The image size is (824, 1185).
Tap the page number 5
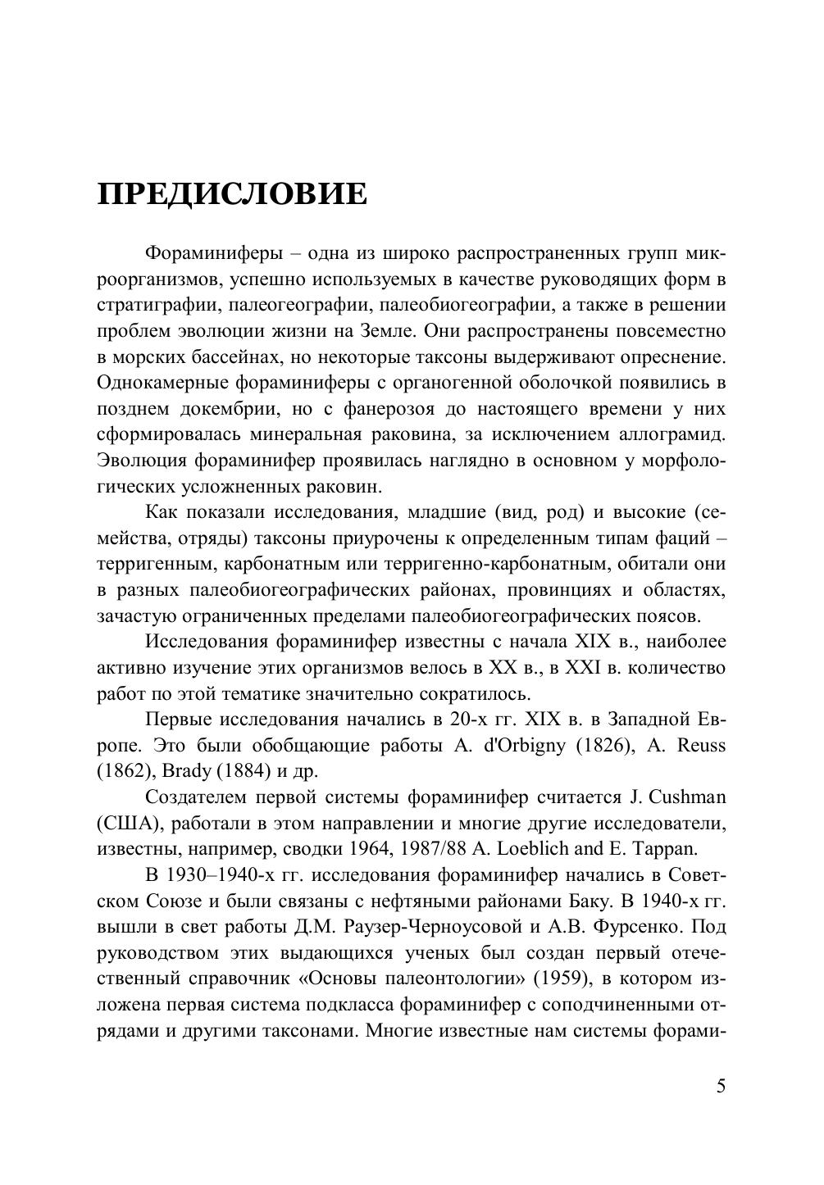click(x=721, y=1087)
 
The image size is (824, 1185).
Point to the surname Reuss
click(x=699, y=746)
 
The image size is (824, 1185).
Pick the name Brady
click(x=187, y=771)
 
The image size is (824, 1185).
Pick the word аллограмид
click(x=668, y=434)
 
